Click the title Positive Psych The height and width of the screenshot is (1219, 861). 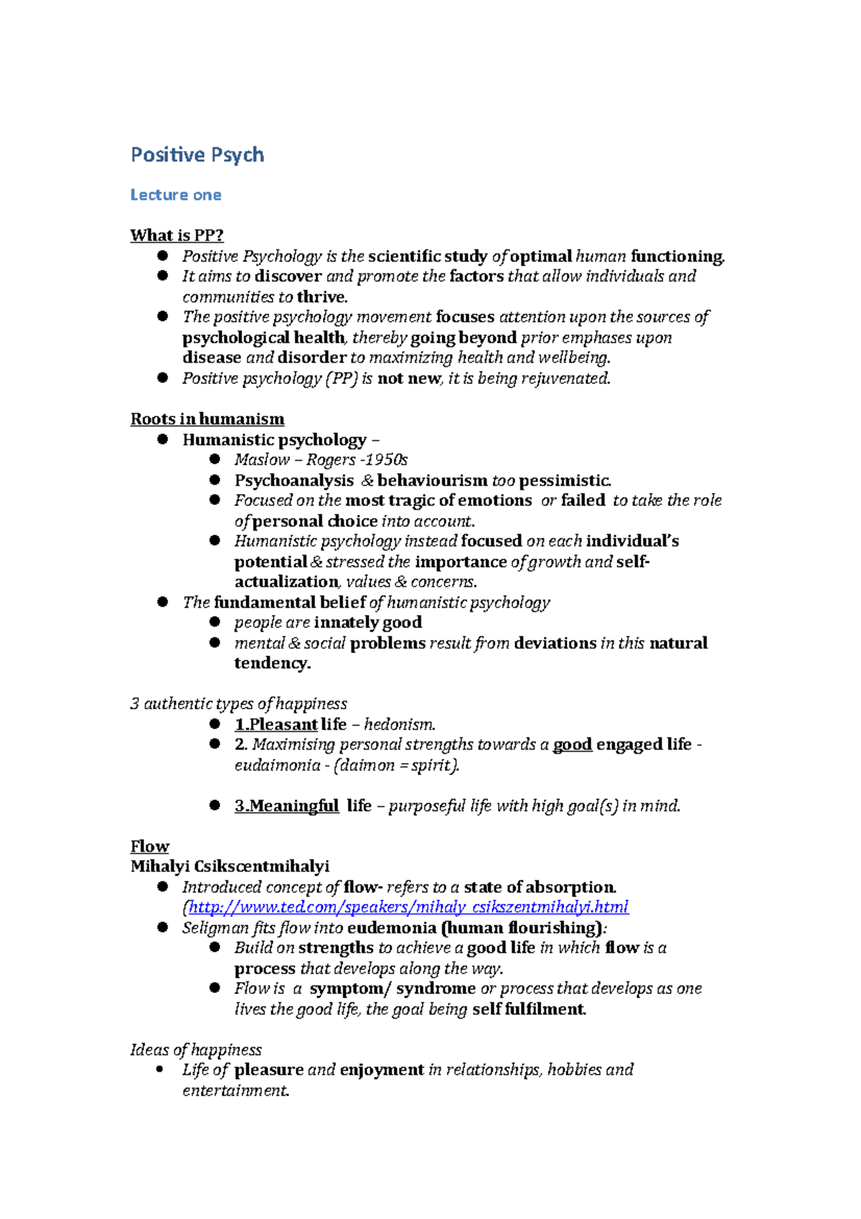[x=197, y=155]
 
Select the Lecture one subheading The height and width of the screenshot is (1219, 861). [x=176, y=195]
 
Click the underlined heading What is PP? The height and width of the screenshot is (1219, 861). [x=177, y=235]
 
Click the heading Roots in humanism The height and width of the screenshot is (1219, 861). [x=207, y=419]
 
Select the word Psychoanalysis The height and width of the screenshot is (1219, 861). [x=294, y=481]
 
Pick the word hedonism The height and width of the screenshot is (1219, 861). [x=399, y=725]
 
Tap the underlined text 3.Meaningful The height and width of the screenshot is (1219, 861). [x=286, y=806]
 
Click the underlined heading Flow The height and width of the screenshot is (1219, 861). [x=150, y=846]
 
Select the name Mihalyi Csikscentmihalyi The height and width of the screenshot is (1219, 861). [x=230, y=867]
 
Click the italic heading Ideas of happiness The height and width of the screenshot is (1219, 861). [x=196, y=1050]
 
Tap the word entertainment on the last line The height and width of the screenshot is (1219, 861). [x=235, y=1090]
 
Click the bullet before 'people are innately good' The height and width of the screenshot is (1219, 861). [x=215, y=622]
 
